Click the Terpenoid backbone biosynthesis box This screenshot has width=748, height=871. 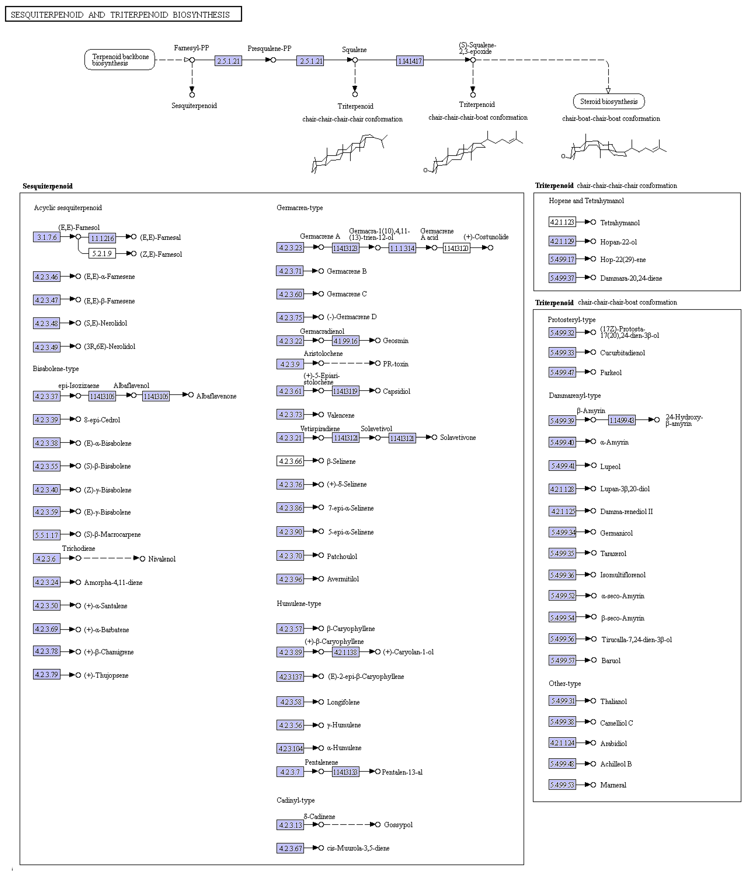click(120, 60)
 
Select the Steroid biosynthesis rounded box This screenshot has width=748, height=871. click(608, 101)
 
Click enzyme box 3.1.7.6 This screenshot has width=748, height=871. click(47, 237)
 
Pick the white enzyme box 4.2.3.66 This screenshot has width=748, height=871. click(290, 461)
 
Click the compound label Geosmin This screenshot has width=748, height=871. click(395, 340)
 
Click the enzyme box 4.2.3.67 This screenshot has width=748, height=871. click(290, 848)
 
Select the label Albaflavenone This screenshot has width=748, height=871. click(216, 396)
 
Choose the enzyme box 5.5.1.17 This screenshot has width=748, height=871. click(47, 535)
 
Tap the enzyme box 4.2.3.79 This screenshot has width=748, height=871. click(47, 675)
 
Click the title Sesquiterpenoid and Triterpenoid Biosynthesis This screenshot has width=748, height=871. click(123, 14)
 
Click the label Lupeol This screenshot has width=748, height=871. click(610, 466)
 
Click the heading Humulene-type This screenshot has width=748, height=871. click(299, 603)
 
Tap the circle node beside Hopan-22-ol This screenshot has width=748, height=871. click(593, 241)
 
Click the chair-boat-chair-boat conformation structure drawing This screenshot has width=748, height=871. click(614, 148)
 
